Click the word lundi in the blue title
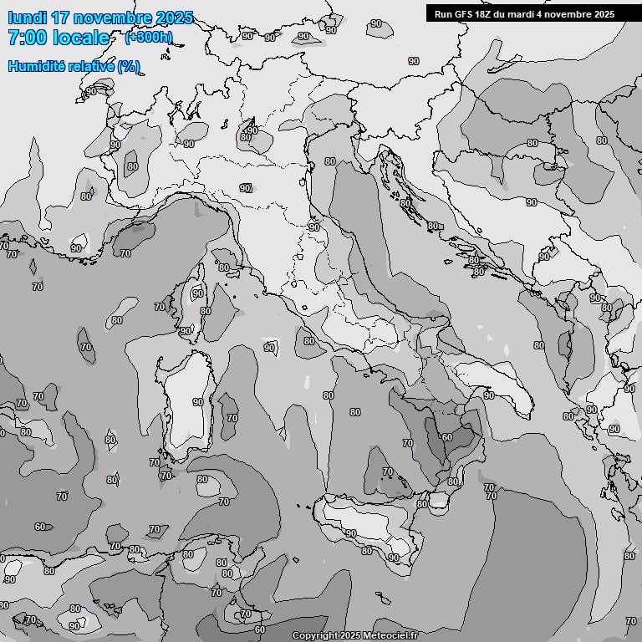(x=27, y=18)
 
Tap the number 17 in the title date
(x=61, y=18)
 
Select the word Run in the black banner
(x=442, y=13)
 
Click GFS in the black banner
(x=463, y=13)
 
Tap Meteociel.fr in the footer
(x=390, y=636)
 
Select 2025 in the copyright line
(x=350, y=636)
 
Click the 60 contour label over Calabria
(x=447, y=437)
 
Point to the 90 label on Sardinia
(x=198, y=402)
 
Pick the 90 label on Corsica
(x=197, y=293)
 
